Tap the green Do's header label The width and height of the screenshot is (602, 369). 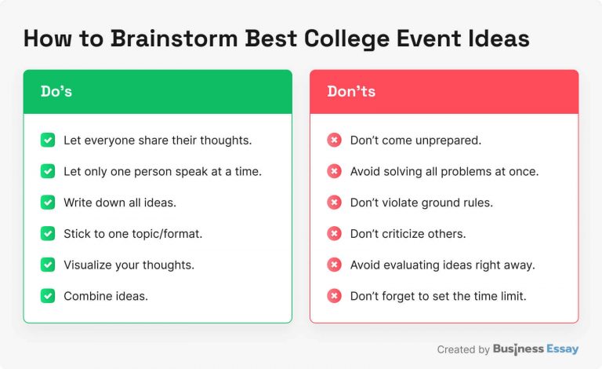56,92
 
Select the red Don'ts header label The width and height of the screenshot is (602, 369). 351,92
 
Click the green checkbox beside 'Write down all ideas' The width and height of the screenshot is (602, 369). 48,203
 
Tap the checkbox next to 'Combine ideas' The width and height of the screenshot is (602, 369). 48,296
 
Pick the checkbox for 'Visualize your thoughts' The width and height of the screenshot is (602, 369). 48,265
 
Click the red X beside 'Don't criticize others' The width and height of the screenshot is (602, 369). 334,234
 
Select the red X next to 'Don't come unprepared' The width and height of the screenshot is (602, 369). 334,141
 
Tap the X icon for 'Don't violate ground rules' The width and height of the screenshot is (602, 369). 334,203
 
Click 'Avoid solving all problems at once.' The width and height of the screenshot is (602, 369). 444,171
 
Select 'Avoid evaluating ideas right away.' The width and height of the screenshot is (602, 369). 442,265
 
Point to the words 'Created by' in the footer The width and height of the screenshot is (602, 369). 463,349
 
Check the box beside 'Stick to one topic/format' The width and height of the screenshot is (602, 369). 48,234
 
